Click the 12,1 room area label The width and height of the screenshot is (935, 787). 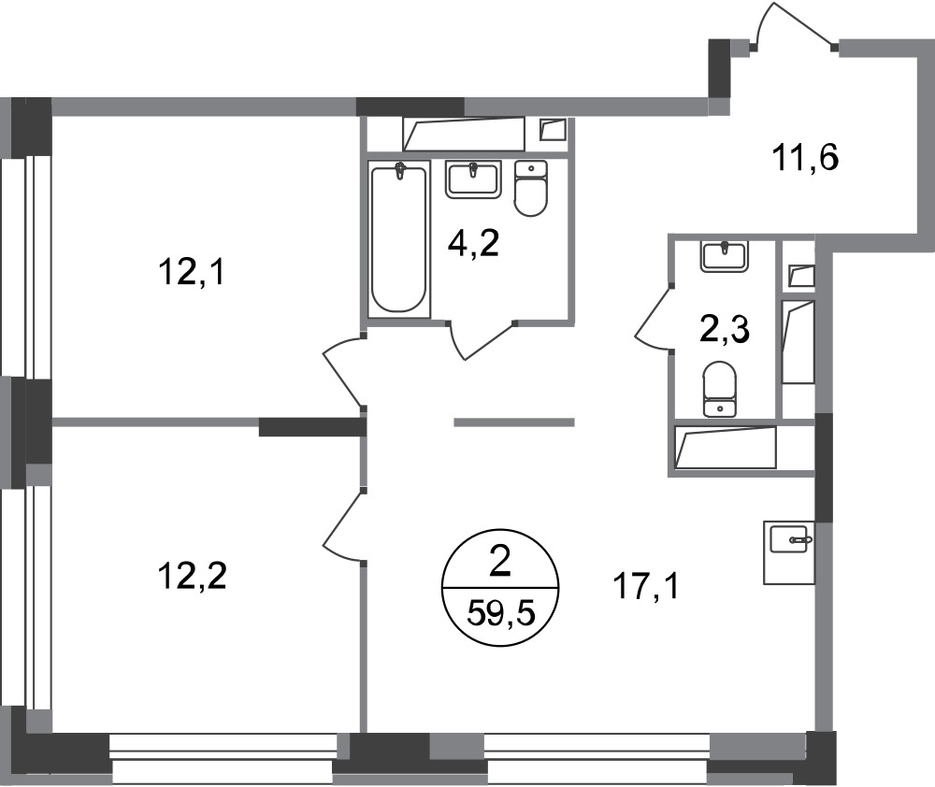[191, 275]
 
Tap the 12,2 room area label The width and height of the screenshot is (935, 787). [192, 577]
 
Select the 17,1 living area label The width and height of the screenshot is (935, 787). [646, 587]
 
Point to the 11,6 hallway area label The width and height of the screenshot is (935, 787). [806, 158]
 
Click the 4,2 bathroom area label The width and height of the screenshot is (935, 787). [473, 243]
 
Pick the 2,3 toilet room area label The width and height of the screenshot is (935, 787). [724, 331]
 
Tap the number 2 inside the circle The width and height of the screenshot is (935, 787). [499, 563]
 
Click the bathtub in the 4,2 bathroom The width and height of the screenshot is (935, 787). [398, 238]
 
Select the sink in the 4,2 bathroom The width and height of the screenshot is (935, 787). [472, 179]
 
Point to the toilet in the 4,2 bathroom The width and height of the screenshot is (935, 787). [530, 188]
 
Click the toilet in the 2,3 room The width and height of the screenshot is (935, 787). [720, 389]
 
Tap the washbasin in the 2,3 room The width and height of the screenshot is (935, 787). [725, 256]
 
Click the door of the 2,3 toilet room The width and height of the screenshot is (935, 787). [654, 319]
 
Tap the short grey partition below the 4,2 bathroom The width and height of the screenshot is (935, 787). [514, 422]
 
